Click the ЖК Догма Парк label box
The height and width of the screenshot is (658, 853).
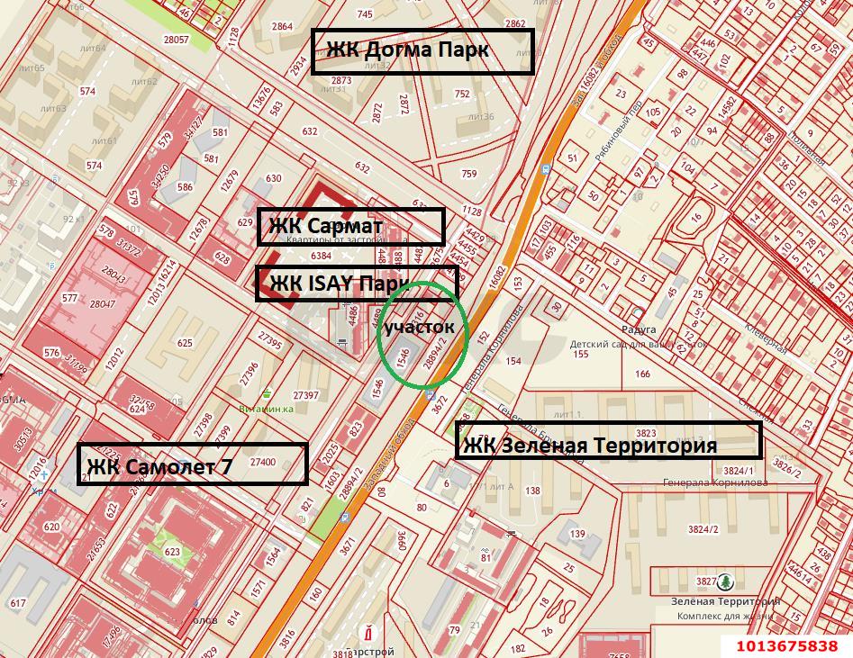click(x=422, y=50)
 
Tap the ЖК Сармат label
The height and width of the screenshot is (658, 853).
click(x=351, y=226)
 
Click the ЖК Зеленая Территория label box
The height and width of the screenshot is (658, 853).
click(x=608, y=442)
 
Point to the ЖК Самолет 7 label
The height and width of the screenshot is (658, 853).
click(x=192, y=464)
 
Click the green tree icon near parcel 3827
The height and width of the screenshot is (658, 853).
click(x=726, y=582)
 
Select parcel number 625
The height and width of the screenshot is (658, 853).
click(x=186, y=343)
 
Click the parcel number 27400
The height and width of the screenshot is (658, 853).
click(x=263, y=462)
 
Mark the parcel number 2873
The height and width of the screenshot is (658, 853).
click(x=340, y=80)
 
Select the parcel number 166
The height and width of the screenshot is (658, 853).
click(x=642, y=374)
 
